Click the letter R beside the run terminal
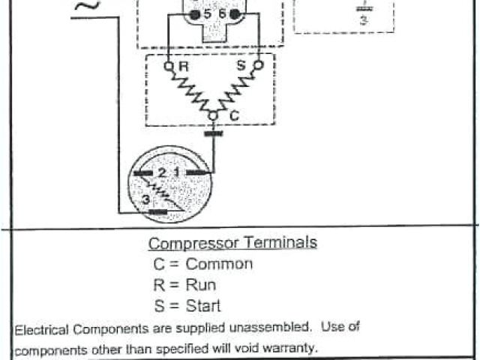[183, 67]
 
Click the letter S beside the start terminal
[241, 66]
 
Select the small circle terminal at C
[214, 115]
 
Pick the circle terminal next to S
[259, 66]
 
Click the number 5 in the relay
[206, 13]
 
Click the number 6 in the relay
[222, 13]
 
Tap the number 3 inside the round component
[144, 199]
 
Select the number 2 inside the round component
[162, 173]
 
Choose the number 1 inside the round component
[177, 173]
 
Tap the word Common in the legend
[219, 264]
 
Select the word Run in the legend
[200, 285]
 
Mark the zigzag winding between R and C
[191, 92]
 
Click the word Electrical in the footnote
[43, 328]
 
